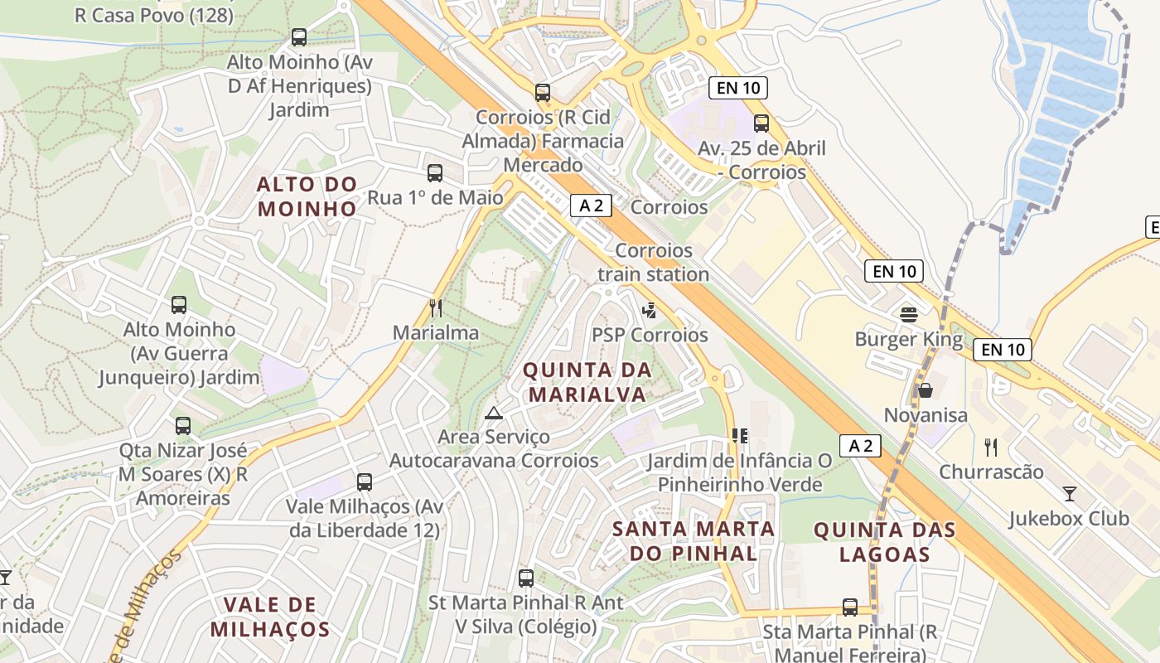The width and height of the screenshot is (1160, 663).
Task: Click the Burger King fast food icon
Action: click(x=909, y=314)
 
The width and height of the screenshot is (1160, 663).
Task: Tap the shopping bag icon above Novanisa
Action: click(x=925, y=390)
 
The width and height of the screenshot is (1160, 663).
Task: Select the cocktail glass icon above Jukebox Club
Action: click(x=1070, y=494)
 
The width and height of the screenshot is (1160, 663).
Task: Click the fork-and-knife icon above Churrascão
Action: click(x=990, y=448)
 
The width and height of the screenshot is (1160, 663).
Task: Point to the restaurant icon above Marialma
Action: click(x=436, y=308)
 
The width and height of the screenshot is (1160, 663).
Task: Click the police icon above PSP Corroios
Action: click(x=650, y=311)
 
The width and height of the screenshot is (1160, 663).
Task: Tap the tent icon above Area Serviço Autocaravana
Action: click(x=494, y=413)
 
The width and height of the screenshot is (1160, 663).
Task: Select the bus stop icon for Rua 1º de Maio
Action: click(x=435, y=173)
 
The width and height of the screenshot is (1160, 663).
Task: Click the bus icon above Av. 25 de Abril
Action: click(x=761, y=123)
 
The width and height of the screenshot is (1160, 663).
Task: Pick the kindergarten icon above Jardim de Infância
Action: click(x=740, y=436)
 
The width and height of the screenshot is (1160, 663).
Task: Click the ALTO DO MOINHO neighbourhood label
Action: click(x=307, y=196)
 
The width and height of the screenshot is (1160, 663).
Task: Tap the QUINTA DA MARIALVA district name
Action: click(x=587, y=382)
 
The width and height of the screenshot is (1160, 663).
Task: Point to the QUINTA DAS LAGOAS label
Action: click(x=884, y=541)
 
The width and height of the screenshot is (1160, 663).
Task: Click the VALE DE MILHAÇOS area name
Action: click(x=270, y=616)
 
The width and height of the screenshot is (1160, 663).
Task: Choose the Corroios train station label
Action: click(x=654, y=262)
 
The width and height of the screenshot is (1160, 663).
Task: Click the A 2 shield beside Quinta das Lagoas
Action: click(x=859, y=446)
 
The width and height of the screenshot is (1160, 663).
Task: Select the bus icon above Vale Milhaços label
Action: click(x=364, y=482)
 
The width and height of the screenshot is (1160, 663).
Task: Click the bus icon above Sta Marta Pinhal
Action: click(x=849, y=607)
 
